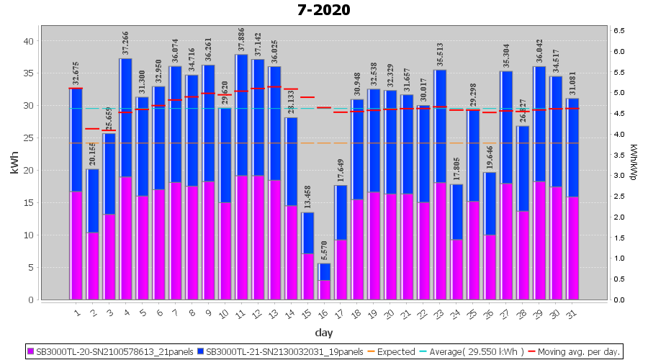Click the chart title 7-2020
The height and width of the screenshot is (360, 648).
(x=323, y=10)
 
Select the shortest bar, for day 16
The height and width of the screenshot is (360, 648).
(x=325, y=282)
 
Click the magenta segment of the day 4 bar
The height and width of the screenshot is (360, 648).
(x=126, y=238)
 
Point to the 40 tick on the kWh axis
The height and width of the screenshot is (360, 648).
(x=28, y=41)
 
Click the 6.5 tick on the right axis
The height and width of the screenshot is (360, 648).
(x=618, y=30)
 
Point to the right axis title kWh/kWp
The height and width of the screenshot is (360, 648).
(x=633, y=162)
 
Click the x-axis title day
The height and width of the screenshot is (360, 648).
(x=323, y=333)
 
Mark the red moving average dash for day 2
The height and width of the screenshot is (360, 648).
(x=93, y=129)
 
